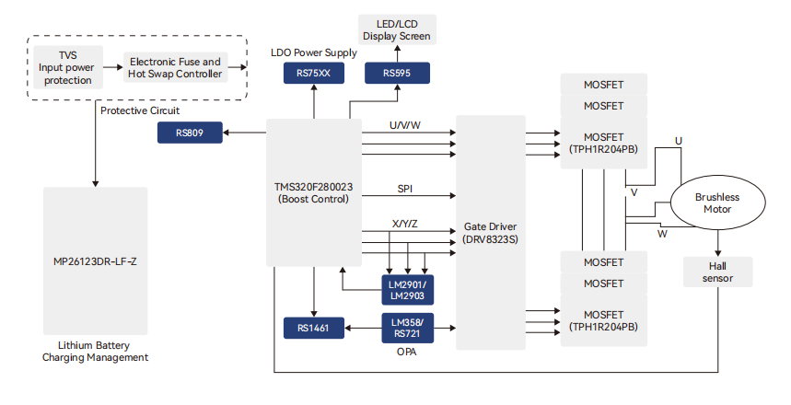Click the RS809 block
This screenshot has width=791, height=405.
point(190,133)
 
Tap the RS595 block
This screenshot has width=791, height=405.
point(397,73)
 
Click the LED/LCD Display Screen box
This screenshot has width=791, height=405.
point(397,29)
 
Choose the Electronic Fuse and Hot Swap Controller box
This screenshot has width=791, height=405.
point(175,67)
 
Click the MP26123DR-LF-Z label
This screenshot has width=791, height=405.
point(95,261)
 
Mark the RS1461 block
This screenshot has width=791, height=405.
point(313,327)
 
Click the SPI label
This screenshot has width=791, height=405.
point(405,188)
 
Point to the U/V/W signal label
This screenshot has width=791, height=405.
point(405,124)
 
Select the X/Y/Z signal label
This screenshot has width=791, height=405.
point(404,225)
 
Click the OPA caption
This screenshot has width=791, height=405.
point(406,351)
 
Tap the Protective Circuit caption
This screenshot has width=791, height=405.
point(140,110)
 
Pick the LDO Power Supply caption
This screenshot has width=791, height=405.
point(314,52)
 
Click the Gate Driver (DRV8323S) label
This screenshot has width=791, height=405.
point(490,232)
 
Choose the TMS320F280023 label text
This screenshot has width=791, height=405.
point(313,186)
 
